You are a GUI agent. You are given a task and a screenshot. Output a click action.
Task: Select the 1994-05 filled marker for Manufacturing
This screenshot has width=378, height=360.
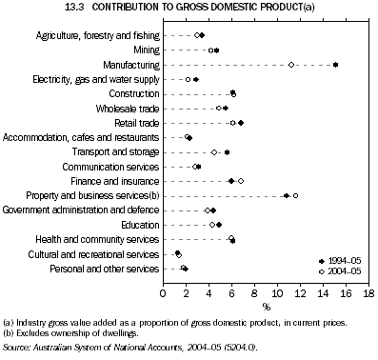click(336, 64)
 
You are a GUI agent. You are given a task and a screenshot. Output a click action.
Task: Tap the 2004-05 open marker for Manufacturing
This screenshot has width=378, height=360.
click(291, 65)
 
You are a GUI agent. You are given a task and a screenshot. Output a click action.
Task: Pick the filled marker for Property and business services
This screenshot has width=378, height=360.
click(287, 195)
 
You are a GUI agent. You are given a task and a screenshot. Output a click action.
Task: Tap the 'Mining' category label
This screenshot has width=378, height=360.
click(146, 50)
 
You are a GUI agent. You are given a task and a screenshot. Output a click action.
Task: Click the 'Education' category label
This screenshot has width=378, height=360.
click(139, 225)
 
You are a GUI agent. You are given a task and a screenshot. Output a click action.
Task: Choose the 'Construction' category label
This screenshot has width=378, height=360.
click(134, 93)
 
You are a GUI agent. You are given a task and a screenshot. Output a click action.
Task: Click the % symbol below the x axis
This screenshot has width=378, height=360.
click(265, 307)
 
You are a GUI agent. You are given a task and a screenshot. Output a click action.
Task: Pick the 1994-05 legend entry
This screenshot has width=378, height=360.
click(341, 260)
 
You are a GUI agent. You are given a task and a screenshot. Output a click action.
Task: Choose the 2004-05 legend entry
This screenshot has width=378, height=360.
click(341, 271)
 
